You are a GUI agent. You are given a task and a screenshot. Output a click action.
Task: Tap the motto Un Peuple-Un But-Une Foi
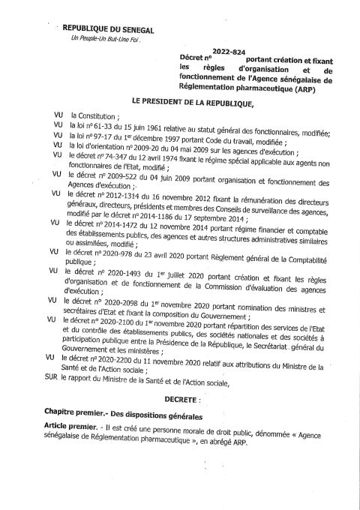(105, 38)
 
